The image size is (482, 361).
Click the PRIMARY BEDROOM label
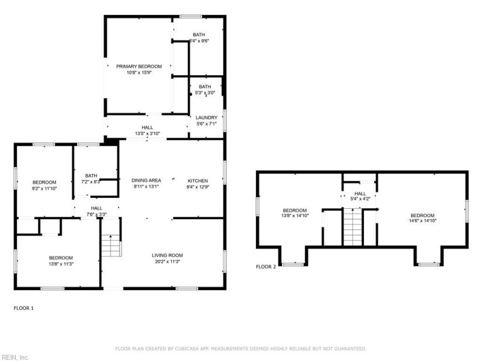pos(139,66)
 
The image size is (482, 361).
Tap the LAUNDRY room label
pos(207,118)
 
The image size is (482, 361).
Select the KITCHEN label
pos(198,180)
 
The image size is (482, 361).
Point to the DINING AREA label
pos(146,180)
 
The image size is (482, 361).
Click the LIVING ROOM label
pos(167,255)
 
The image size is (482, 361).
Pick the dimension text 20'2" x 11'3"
pos(167,262)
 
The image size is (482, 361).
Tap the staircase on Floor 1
pos(110,245)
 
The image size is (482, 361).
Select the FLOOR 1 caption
pos(24,308)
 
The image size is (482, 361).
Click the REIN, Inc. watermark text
pos(15,357)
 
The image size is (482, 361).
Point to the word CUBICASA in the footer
pos(192,348)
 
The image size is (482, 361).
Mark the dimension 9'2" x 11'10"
pos(44,188)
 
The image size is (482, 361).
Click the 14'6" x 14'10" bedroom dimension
pos(422,221)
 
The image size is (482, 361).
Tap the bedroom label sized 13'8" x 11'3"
pos(61,258)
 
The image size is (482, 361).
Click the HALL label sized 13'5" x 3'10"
pos(147,128)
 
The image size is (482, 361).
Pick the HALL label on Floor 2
pos(360,193)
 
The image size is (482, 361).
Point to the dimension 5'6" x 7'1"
pos(207,124)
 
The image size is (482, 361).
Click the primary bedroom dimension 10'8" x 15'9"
pos(139,73)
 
